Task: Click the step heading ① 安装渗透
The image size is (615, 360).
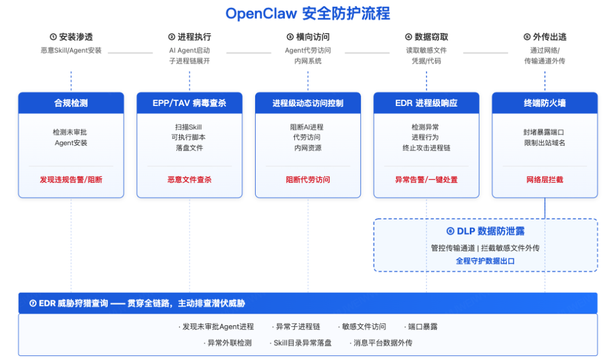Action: [x=71, y=37]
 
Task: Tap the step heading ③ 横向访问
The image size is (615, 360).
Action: [x=308, y=37]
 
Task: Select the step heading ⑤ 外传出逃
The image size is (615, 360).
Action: [x=545, y=37]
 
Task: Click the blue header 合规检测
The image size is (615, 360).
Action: [x=71, y=103]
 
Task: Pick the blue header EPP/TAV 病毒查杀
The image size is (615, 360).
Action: [x=190, y=103]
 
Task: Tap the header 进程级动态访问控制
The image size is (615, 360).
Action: [x=308, y=103]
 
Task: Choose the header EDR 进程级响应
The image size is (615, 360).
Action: [x=427, y=103]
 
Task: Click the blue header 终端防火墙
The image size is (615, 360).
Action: [x=545, y=103]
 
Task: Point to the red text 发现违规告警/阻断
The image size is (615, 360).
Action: [x=71, y=179]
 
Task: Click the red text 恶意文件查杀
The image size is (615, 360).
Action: [x=190, y=179]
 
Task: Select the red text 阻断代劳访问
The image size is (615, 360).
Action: [x=308, y=179]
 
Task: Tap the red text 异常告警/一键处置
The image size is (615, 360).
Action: [x=427, y=179]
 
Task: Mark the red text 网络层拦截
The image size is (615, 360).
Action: [x=545, y=179]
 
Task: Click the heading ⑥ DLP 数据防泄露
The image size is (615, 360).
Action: [x=486, y=231]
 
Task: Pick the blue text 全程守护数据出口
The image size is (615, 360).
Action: [x=486, y=261]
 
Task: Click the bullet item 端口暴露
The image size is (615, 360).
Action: [x=423, y=326]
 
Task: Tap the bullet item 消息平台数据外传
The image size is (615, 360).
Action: [x=383, y=343]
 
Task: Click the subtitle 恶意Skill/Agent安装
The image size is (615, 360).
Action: [x=71, y=50]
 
